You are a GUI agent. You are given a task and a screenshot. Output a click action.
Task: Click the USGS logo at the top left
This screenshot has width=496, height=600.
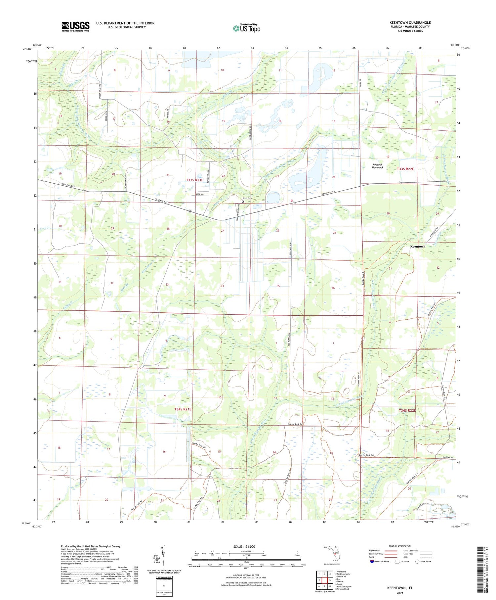[75, 26]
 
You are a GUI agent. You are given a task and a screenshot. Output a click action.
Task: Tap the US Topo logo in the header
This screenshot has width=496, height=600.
[247, 28]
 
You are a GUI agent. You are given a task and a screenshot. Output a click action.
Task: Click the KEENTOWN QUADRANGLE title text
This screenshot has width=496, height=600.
[410, 23]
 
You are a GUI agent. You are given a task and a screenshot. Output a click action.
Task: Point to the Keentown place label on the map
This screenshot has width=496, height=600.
[418, 247]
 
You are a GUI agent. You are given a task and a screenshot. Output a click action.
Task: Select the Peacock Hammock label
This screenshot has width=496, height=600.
[377, 166]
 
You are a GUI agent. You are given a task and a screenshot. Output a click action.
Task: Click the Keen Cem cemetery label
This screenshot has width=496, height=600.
[248, 198]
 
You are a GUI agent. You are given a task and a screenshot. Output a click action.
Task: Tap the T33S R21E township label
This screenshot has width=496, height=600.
[195, 180]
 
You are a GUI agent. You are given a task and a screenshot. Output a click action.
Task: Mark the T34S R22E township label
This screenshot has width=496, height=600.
[407, 410]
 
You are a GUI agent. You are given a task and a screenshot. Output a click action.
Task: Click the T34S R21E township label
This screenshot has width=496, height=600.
[183, 409]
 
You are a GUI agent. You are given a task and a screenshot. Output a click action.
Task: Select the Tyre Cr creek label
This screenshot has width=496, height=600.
[44, 229]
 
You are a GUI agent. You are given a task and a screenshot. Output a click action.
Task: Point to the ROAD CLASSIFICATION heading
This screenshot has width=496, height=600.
[400, 546]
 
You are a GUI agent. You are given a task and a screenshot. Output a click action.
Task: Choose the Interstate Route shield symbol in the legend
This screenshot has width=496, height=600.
[372, 562]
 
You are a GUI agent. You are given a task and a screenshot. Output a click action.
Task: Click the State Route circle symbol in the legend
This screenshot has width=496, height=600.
[417, 562]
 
